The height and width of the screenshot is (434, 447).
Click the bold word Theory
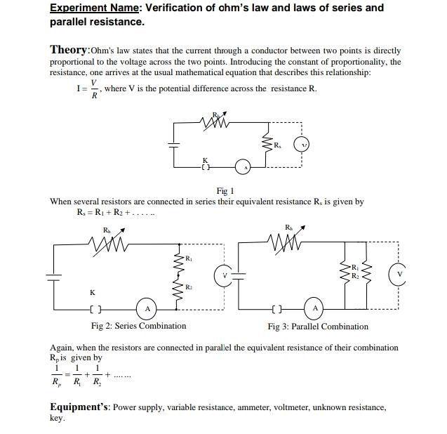coord(69,50)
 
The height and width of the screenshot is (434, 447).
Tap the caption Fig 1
coord(225,190)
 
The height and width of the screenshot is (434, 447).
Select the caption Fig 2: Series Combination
coord(139,326)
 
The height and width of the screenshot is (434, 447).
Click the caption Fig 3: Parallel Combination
coord(318,326)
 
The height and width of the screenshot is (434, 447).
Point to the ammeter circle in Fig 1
coord(243,167)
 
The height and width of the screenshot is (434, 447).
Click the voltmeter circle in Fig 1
coord(302,145)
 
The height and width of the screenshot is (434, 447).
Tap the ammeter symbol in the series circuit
coord(147,308)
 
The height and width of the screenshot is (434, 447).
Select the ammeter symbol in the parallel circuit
coord(314,308)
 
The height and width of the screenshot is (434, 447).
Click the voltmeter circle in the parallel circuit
coord(399,275)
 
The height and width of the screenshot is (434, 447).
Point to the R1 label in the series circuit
coord(189,258)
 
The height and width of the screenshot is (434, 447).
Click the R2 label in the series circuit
coord(189,287)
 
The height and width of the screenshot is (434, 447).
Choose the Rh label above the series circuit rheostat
coord(107,230)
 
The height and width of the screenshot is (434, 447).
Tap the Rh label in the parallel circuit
coord(288,226)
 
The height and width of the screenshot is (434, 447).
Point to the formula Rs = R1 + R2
coord(116,213)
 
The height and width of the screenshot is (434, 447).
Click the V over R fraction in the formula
coord(95,89)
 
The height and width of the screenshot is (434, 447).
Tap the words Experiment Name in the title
coord(93,8)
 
